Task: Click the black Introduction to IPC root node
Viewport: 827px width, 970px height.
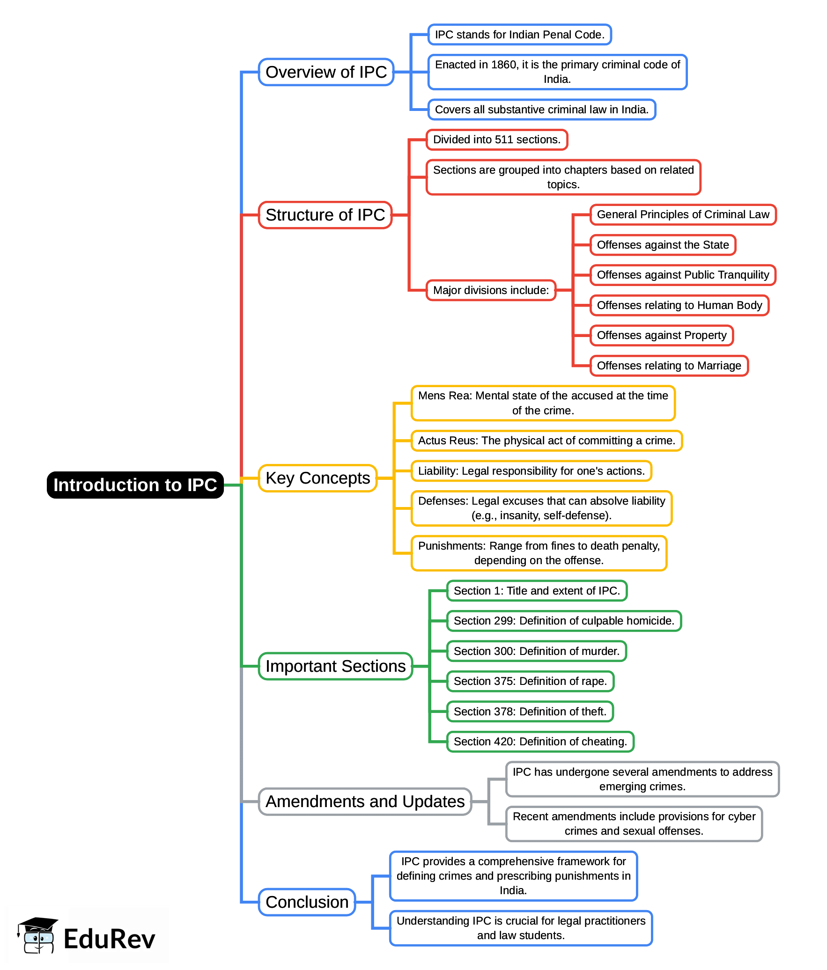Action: coord(135,485)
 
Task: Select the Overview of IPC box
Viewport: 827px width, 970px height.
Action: coord(326,72)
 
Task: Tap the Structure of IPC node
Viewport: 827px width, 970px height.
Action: coord(325,215)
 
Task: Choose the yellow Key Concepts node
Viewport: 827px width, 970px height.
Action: coord(318,478)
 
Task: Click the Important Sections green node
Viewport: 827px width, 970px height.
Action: coord(335,666)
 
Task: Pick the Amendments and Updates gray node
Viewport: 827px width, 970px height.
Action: coord(365,801)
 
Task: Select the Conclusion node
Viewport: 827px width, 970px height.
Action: coord(307,902)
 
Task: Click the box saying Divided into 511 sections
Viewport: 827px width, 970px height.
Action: coord(496,140)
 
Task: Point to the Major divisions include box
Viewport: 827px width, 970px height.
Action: coord(490,290)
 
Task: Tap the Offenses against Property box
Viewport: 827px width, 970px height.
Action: coord(661,335)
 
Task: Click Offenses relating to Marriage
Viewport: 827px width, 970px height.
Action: coord(669,366)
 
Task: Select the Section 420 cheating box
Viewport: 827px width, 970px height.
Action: coord(540,742)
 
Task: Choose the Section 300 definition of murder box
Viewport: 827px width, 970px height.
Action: coord(536,651)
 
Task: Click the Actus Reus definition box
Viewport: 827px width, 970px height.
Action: coord(546,441)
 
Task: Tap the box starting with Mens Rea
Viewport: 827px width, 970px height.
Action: coord(543,403)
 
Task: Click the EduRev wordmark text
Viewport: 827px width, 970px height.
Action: coord(109,939)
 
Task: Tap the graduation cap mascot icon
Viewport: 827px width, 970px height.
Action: coord(37,935)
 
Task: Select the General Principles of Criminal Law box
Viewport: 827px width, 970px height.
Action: coord(682,214)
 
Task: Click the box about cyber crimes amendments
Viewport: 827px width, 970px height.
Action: coord(634,823)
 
